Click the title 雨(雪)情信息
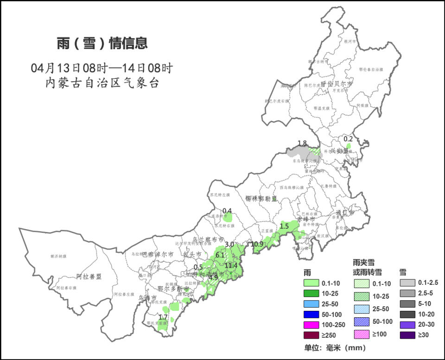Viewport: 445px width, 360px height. click(102, 43)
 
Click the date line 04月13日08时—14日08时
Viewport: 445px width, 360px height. click(102, 68)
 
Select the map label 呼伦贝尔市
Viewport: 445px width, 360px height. click(337, 85)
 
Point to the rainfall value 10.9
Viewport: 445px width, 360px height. click(257, 244)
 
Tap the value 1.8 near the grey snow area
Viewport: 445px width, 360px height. click(302, 143)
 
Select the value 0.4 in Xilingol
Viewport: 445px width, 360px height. click(227, 211)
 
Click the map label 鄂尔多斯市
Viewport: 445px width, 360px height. click(172, 289)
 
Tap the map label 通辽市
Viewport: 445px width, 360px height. click(345, 213)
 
